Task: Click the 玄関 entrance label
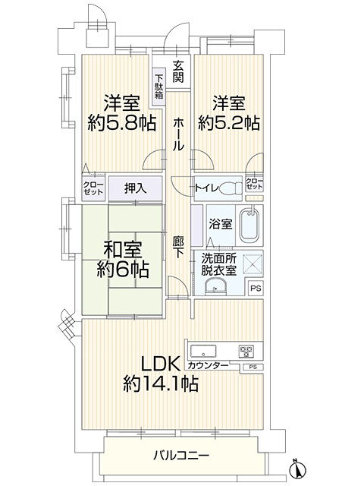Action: click(x=178, y=72)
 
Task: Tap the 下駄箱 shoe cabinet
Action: click(x=159, y=87)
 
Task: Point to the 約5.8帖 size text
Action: click(x=121, y=123)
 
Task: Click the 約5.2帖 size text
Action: click(x=229, y=123)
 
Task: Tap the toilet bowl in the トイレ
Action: click(x=231, y=188)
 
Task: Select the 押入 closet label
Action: click(x=135, y=188)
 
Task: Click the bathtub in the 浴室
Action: click(x=249, y=225)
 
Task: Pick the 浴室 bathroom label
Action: click(x=221, y=224)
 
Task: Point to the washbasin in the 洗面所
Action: click(x=215, y=286)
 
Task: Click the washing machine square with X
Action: click(x=253, y=264)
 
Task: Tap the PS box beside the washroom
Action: click(x=256, y=289)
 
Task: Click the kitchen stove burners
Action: click(x=246, y=351)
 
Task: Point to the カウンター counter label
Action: click(x=208, y=366)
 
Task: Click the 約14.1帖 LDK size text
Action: click(x=161, y=384)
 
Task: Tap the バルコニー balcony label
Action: click(x=182, y=456)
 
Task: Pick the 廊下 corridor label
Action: click(x=178, y=248)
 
